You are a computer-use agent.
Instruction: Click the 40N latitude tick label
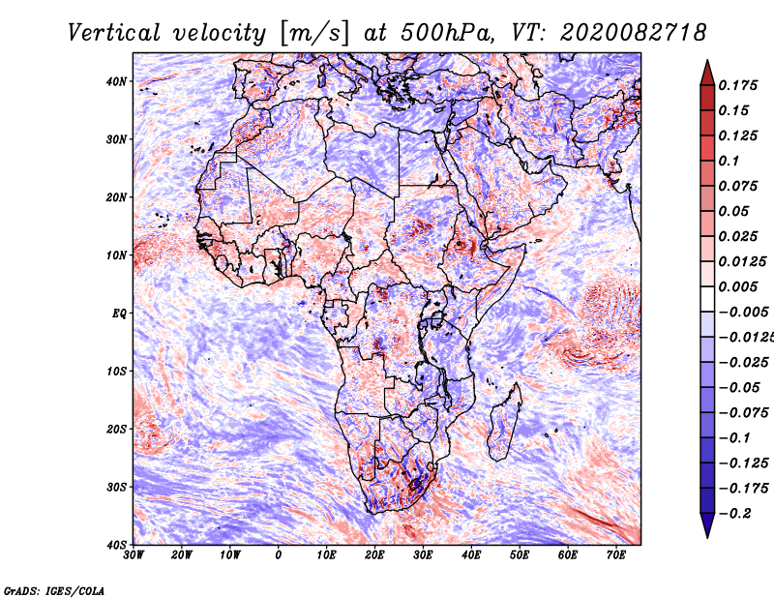click(x=116, y=81)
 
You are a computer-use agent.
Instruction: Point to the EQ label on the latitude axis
click(x=119, y=314)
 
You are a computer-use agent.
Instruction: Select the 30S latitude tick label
click(x=116, y=487)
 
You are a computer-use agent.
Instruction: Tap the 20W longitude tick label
click(x=182, y=555)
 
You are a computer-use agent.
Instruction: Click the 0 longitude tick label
click(x=279, y=555)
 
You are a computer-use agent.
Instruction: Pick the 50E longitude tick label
click(x=520, y=555)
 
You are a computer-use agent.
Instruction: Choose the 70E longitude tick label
click(x=615, y=555)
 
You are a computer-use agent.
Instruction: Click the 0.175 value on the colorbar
click(x=737, y=85)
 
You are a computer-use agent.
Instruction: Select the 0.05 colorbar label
click(x=733, y=211)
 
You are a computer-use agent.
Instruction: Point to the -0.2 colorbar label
click(x=735, y=514)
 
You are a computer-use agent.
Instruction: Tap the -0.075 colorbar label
click(x=744, y=413)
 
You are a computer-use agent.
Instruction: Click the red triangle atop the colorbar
click(x=707, y=73)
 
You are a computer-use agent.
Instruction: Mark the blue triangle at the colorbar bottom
click(x=707, y=525)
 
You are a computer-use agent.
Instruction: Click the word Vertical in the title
click(x=113, y=33)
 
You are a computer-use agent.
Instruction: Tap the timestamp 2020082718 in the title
click(x=633, y=33)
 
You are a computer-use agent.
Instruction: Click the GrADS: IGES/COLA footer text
click(x=54, y=590)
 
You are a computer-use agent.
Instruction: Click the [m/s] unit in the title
click(x=314, y=34)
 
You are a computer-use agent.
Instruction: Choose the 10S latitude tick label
click(x=116, y=372)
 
